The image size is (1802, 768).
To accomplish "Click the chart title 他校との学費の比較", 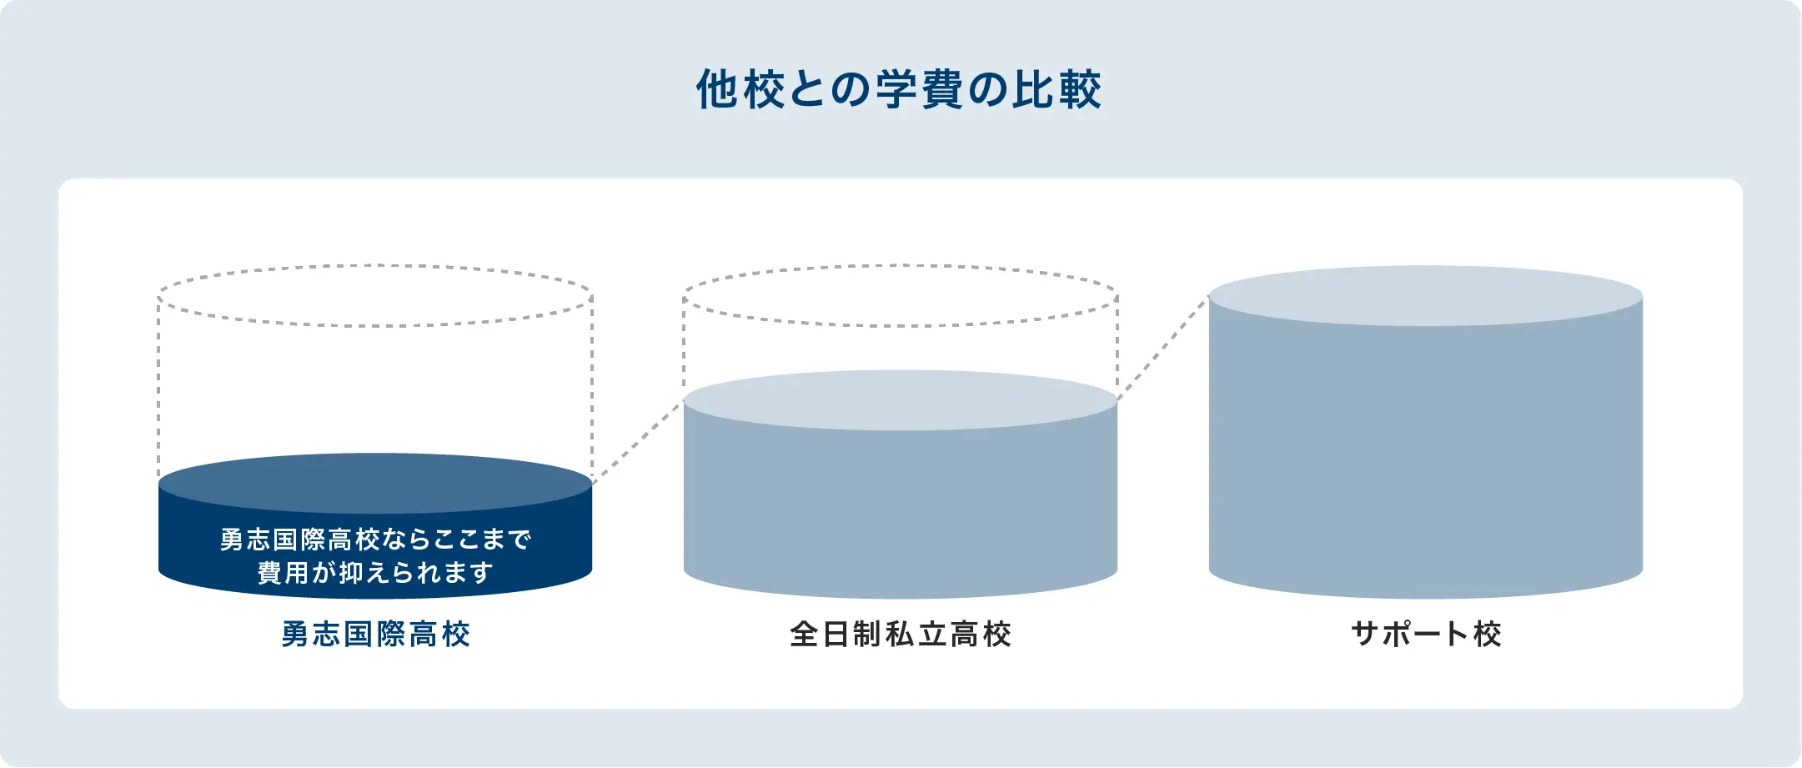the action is [899, 90].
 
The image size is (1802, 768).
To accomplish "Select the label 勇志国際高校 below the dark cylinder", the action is [375, 635].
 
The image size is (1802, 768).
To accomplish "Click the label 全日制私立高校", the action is [901, 635].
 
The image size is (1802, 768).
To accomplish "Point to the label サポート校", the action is [1426, 635].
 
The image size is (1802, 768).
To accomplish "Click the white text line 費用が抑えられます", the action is [375, 573].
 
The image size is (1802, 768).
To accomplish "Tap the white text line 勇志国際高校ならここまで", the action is [375, 540].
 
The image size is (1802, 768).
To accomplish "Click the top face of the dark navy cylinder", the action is [375, 484].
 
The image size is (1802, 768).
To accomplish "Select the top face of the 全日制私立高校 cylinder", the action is [901, 400].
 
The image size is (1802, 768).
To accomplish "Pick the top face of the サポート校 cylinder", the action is [1426, 296].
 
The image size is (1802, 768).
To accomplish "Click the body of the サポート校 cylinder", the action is [1426, 459].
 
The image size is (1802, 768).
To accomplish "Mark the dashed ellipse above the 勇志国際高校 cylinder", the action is [375, 266].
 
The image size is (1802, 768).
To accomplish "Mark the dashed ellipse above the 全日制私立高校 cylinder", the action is [901, 266].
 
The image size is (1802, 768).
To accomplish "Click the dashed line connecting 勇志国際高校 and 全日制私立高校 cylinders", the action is [638, 443].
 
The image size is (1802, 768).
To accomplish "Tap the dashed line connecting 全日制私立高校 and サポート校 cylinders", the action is [1163, 349].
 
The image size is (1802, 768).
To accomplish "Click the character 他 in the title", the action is [717, 90].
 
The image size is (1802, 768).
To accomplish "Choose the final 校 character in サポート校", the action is [1488, 635].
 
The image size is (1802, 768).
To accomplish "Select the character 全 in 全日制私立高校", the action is [804, 635].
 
